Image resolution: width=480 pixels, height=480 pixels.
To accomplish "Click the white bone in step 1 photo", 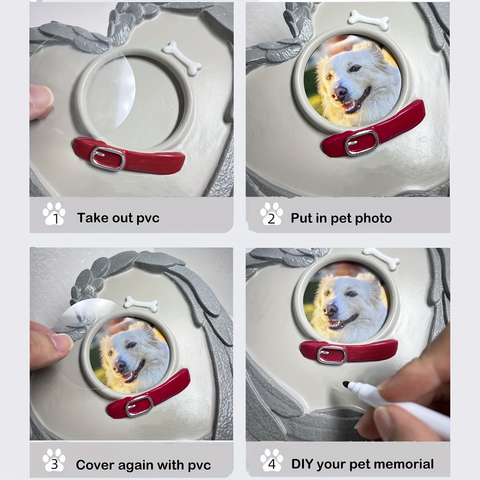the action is [181, 58].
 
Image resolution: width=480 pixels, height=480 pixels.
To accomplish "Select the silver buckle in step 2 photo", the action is [361, 142].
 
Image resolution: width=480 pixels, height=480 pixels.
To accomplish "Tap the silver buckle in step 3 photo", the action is [139, 406].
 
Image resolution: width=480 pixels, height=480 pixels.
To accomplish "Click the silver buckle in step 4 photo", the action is [332, 355].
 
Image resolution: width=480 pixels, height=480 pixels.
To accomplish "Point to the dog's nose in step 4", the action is [330, 308].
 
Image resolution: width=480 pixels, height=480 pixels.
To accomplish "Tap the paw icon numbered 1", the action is [54, 214].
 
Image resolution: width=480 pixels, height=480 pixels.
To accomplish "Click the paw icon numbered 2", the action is [271, 214].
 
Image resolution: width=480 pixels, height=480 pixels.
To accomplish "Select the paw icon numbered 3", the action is [54, 460].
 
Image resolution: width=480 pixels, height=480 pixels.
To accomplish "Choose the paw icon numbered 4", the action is [271, 460].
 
